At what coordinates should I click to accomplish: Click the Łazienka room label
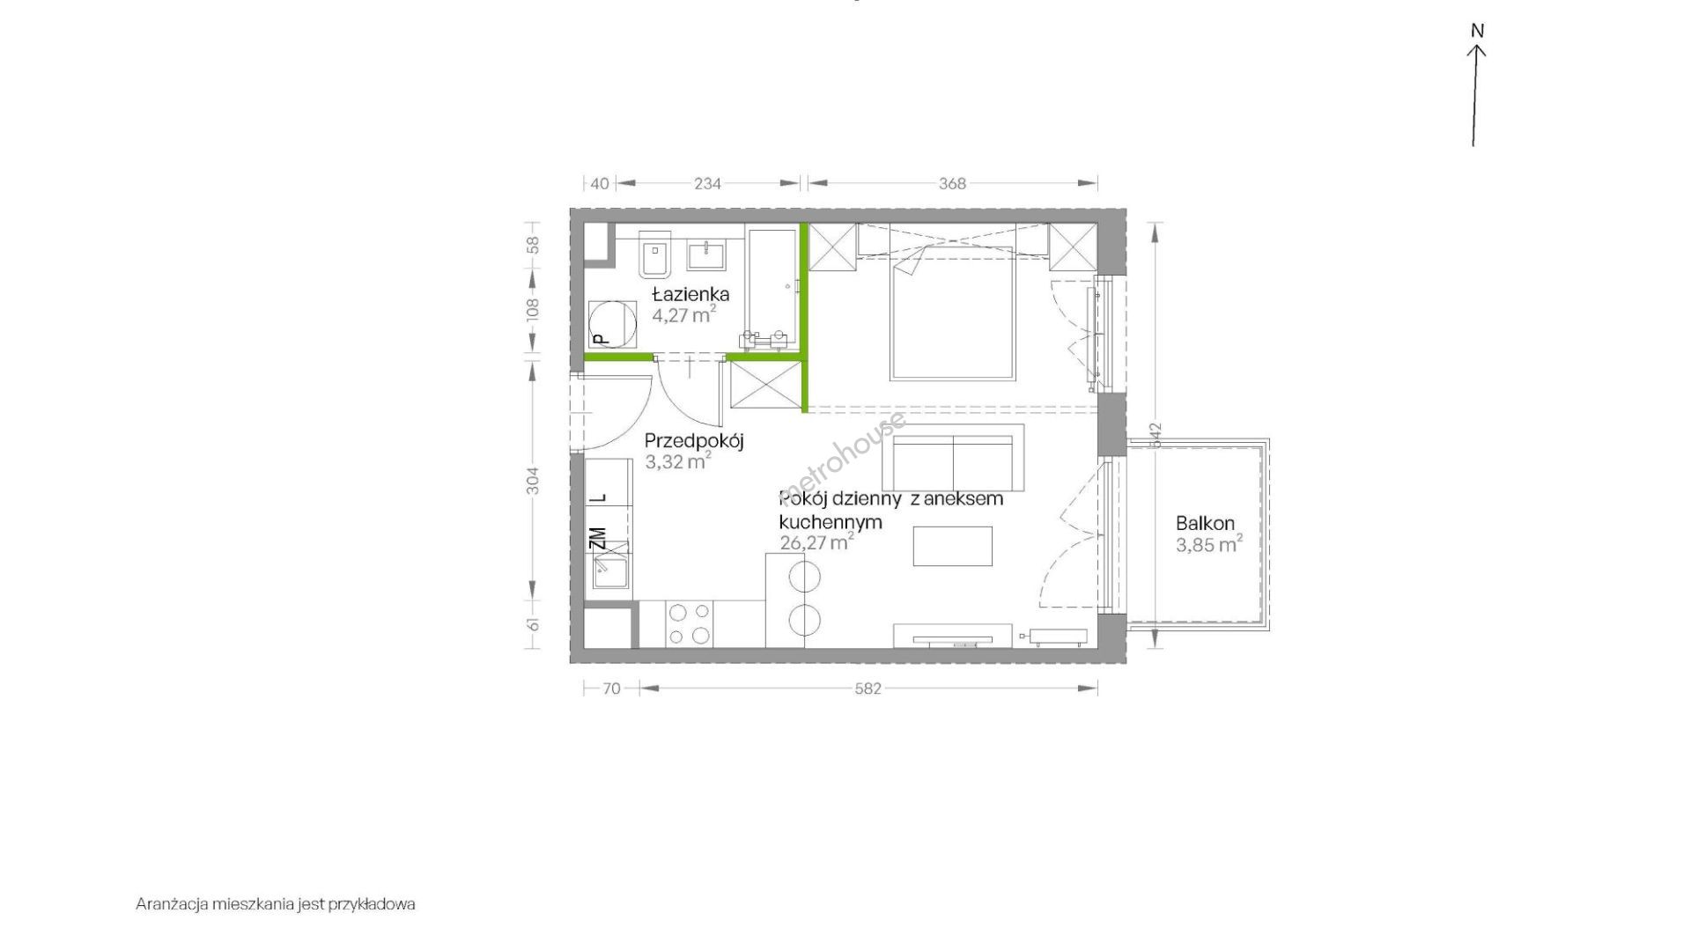(690, 294)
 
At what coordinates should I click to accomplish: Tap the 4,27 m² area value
(683, 314)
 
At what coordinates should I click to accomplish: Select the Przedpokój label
(694, 441)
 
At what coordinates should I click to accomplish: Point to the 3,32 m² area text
(677, 461)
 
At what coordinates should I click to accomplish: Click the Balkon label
(1205, 523)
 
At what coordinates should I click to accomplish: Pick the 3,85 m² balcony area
(1209, 544)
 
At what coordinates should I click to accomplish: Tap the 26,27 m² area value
(816, 542)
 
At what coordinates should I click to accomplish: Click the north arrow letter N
(1477, 31)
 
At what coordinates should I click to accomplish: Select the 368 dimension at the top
(952, 183)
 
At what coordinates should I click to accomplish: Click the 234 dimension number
(707, 183)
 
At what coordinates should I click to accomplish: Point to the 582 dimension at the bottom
(868, 689)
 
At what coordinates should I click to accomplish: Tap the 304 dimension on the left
(533, 480)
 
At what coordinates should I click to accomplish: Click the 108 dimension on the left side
(532, 308)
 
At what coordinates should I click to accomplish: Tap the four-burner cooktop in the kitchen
(690, 623)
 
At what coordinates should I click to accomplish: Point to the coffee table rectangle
(952, 546)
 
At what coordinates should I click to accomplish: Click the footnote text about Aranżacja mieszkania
(276, 904)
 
